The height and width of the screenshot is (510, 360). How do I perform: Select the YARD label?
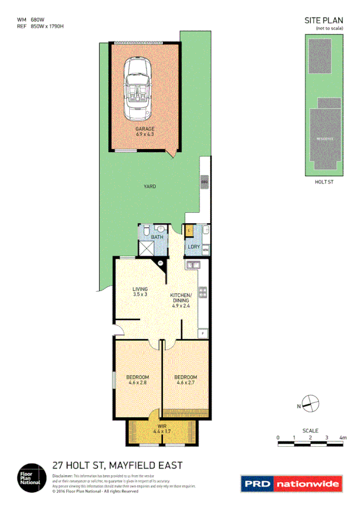click(150, 186)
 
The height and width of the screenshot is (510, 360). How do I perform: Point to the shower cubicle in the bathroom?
click(147, 248)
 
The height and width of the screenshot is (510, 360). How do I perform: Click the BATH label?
click(157, 238)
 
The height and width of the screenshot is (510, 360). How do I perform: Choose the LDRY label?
click(194, 247)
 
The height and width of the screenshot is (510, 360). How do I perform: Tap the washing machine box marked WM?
click(205, 248)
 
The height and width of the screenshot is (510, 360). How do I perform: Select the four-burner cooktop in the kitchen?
click(203, 293)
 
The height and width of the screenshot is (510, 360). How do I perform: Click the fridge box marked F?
click(203, 333)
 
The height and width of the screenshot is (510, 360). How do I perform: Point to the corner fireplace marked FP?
click(161, 263)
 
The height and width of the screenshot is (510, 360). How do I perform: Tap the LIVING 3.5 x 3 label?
click(140, 292)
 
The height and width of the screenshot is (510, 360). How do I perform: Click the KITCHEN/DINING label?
click(181, 300)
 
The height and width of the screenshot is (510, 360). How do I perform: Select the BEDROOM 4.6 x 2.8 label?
click(138, 379)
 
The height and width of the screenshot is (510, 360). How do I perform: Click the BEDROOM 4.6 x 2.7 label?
click(186, 379)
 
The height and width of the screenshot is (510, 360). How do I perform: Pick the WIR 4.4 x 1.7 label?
click(162, 429)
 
